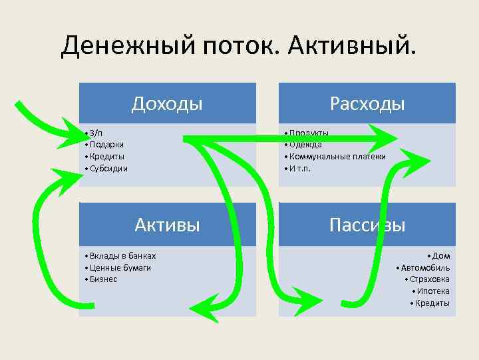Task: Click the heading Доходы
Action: click(167, 104)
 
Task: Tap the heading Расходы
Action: click(367, 104)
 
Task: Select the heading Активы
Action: click(167, 224)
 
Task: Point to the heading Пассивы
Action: click(367, 225)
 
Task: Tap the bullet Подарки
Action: click(106, 145)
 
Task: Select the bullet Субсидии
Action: click(108, 169)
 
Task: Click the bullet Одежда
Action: click(305, 145)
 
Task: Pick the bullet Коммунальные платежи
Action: click(337, 157)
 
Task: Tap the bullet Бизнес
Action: click(103, 279)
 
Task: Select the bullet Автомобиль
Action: click(425, 267)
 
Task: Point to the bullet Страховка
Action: click(430, 279)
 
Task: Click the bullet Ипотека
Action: click(433, 291)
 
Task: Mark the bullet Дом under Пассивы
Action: click(440, 255)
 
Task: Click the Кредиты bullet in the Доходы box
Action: click(106, 157)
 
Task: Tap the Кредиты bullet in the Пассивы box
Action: click(432, 303)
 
